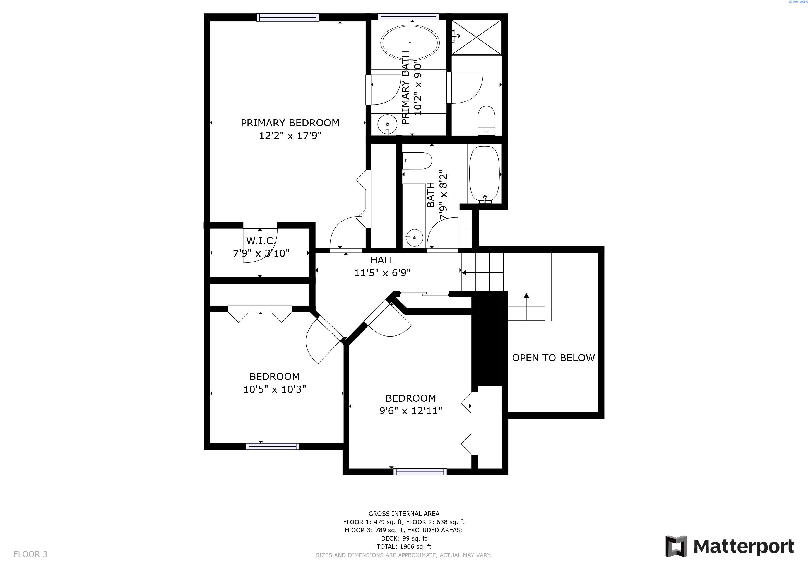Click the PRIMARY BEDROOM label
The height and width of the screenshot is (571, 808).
tap(290, 123)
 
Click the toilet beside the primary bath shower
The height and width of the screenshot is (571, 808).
tap(486, 120)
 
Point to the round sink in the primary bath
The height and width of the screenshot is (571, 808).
tap(387, 124)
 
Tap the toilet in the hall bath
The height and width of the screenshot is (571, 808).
tap(417, 161)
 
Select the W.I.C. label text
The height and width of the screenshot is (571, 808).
tap(261, 241)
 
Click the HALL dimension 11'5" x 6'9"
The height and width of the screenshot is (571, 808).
tap(382, 273)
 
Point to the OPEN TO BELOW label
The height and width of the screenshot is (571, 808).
tap(553, 358)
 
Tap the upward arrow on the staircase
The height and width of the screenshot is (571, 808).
tap(526, 296)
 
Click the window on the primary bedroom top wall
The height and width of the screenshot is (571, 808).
tap(288, 17)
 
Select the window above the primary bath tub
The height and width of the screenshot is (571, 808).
tap(408, 16)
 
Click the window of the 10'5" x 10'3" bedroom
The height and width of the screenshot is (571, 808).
tap(272, 447)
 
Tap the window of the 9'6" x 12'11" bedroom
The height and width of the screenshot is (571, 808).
tap(420, 472)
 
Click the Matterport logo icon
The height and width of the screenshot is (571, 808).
tap(676, 546)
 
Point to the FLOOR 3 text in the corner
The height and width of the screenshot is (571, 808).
tap(30, 555)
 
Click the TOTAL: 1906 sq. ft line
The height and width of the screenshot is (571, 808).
tap(404, 546)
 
